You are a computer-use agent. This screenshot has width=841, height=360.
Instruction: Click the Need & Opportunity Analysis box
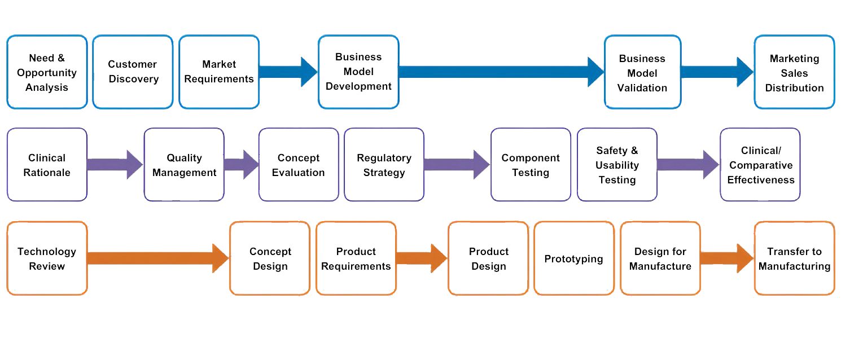click(47, 72)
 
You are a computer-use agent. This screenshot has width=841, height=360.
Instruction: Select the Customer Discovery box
click(133, 72)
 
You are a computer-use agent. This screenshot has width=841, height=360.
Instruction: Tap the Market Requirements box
click(219, 72)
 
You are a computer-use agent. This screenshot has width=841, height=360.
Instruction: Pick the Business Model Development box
click(358, 72)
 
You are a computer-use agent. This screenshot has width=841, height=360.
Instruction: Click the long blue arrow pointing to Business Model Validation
click(502, 72)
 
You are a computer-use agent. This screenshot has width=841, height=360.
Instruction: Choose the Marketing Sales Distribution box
click(795, 72)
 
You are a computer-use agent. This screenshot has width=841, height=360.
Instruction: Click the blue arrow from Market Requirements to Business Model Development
click(288, 72)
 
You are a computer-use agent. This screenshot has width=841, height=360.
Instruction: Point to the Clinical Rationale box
click(47, 165)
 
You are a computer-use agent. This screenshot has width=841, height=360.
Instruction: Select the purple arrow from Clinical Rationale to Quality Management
click(115, 165)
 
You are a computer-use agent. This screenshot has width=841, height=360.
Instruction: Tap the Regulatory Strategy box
click(384, 165)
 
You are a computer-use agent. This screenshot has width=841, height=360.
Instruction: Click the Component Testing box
click(531, 165)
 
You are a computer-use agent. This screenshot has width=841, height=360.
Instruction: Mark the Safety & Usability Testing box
click(617, 165)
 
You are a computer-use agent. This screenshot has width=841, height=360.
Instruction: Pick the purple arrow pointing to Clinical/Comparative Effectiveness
click(688, 165)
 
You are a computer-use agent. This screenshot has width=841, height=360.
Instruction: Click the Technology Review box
click(47, 258)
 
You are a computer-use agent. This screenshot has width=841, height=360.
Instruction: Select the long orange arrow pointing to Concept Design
click(158, 258)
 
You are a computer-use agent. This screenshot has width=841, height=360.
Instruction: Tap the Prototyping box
click(574, 258)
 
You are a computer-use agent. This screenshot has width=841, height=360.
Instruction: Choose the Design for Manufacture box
click(660, 258)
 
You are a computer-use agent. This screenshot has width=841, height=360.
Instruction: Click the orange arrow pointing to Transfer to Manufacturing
click(727, 258)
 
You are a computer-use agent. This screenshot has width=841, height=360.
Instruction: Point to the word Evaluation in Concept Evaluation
click(299, 172)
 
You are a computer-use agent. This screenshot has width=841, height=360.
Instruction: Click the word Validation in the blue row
click(642, 88)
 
